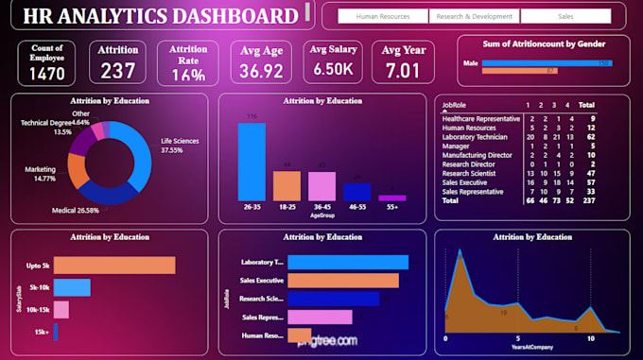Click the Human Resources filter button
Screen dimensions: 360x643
[x=383, y=16]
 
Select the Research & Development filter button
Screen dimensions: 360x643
[x=474, y=16]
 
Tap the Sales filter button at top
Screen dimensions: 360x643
[x=565, y=16]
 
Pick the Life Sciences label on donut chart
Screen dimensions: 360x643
[x=180, y=141]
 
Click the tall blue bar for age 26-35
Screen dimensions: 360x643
[x=252, y=162]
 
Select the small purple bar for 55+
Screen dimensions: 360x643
[x=391, y=198]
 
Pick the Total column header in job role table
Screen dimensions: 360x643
[x=586, y=107]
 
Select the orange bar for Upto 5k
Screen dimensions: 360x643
[x=114, y=266]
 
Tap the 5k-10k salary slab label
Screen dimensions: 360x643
[x=39, y=287]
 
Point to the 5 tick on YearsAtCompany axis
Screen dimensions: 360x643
[x=517, y=338]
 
